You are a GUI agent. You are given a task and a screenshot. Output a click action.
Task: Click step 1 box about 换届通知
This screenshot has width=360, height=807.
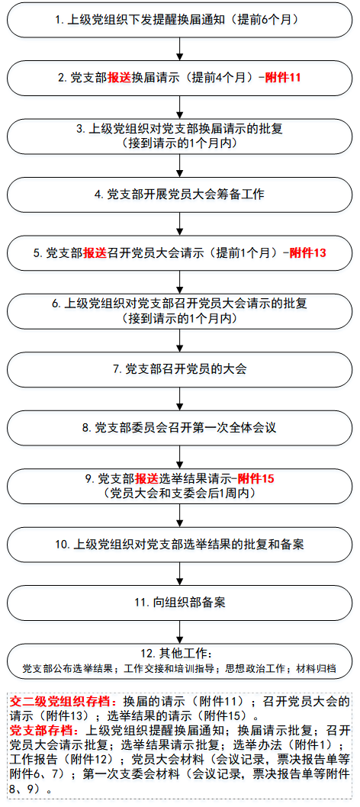pyautogui.click(x=179, y=20)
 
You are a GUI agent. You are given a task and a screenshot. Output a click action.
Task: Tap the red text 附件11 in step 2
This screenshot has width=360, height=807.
pyautogui.click(x=282, y=78)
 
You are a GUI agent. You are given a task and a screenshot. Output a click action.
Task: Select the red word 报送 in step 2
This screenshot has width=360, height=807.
pyautogui.click(x=119, y=78)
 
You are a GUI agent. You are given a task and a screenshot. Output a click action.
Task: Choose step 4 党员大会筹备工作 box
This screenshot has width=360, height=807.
pyautogui.click(x=179, y=195)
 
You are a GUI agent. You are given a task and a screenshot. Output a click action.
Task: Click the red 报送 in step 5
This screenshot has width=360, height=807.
pyautogui.click(x=95, y=253)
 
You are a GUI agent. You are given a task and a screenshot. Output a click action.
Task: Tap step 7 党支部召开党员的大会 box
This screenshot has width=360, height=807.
pyautogui.click(x=179, y=369)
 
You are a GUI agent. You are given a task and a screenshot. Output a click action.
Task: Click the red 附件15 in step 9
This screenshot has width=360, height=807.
pyautogui.click(x=256, y=480)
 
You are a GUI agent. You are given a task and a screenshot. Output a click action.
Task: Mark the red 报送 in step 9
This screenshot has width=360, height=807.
pyautogui.click(x=147, y=480)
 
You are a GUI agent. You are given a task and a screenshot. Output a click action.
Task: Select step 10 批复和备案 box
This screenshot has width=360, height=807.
pyautogui.click(x=179, y=545)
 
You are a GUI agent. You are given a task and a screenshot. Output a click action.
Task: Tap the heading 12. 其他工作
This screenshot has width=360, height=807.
pyautogui.click(x=179, y=654)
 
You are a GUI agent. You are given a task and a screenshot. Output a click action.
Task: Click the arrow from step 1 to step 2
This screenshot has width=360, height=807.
pyautogui.click(x=179, y=50)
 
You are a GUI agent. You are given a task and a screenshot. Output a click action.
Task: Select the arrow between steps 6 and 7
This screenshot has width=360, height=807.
pyautogui.click(x=179, y=341)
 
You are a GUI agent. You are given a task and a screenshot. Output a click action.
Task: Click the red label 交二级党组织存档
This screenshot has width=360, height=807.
pyautogui.click(x=64, y=702)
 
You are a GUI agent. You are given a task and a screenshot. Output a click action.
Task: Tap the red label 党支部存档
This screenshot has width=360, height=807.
pyautogui.click(x=43, y=730)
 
